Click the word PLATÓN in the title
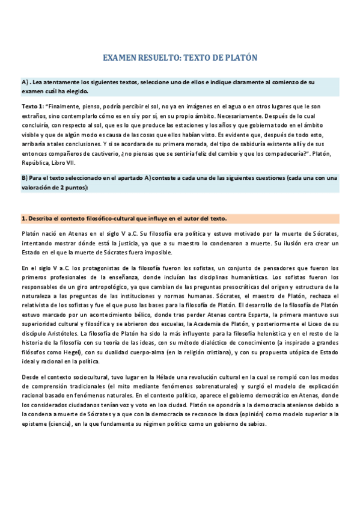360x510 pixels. (x=238, y=58)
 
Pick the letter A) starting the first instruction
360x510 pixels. (x=25, y=81)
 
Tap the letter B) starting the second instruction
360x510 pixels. (x=25, y=178)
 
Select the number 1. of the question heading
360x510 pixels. (x=24, y=218)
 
